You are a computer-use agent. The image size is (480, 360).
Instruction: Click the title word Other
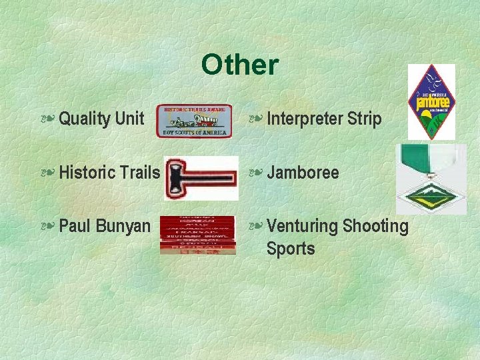click(239, 65)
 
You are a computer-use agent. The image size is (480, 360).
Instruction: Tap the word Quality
click(84, 119)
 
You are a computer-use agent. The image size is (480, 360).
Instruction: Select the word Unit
click(129, 119)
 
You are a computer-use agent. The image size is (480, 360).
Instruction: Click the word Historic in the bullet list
click(86, 173)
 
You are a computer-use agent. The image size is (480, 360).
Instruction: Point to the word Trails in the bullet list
click(139, 173)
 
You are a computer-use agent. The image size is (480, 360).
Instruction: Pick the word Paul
click(75, 226)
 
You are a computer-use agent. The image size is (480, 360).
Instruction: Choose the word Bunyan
click(123, 226)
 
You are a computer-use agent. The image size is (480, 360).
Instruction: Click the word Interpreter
click(304, 119)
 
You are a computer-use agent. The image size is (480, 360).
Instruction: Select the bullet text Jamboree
click(303, 173)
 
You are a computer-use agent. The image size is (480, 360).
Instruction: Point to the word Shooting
click(375, 227)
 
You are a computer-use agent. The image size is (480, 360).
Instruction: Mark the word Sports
click(290, 249)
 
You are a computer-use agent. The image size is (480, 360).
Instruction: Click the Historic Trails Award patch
click(194, 121)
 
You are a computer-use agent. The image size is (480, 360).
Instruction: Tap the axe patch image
click(201, 178)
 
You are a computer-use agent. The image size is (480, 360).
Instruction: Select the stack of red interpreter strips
click(197, 235)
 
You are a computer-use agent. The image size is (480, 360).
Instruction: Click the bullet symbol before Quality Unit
click(47, 119)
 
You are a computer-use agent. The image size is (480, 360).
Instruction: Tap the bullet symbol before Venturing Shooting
click(255, 227)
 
